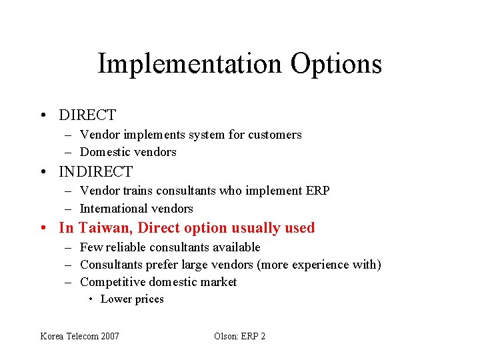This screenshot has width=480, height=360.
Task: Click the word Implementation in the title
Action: click(189, 65)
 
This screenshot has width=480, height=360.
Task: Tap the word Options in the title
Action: click(336, 65)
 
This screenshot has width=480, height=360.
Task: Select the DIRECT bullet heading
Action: click(87, 115)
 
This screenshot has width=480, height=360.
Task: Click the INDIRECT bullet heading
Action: click(96, 172)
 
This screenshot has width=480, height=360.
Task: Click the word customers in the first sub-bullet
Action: click(275, 135)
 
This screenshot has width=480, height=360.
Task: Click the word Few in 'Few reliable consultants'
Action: click(89, 247)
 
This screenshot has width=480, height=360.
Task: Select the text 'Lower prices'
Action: click(132, 299)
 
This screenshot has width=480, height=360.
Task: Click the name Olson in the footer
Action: click(225, 336)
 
